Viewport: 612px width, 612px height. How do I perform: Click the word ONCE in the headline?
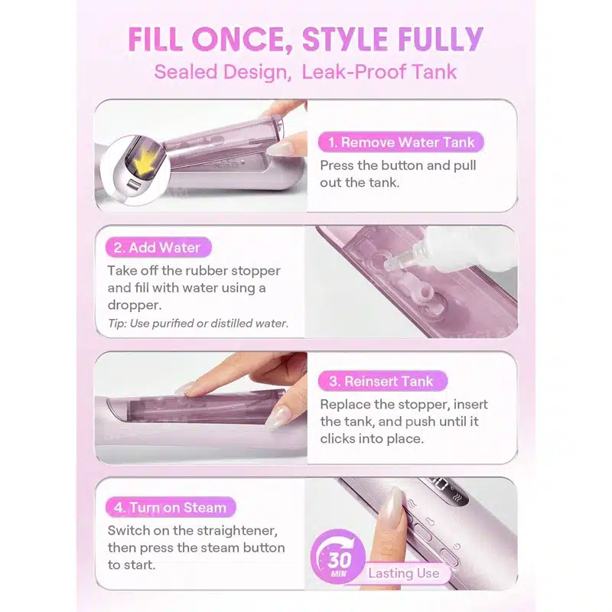[x=242, y=39]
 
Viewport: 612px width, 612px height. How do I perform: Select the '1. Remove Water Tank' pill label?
[x=401, y=142]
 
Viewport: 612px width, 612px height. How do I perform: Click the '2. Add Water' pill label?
[x=158, y=247]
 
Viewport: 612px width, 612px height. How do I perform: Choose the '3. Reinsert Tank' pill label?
[x=382, y=381]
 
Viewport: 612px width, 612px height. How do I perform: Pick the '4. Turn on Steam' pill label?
[x=171, y=507]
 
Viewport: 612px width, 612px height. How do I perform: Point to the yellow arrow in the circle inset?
[x=148, y=162]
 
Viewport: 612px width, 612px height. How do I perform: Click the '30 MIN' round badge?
[x=338, y=557]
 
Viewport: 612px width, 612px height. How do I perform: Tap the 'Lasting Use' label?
[x=404, y=573]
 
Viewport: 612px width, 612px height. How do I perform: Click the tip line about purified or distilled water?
[x=198, y=323]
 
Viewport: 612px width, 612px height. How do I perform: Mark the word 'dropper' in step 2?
[x=135, y=304]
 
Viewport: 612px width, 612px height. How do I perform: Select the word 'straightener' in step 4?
[x=237, y=530]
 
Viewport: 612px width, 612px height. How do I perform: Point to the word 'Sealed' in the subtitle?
[x=185, y=72]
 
